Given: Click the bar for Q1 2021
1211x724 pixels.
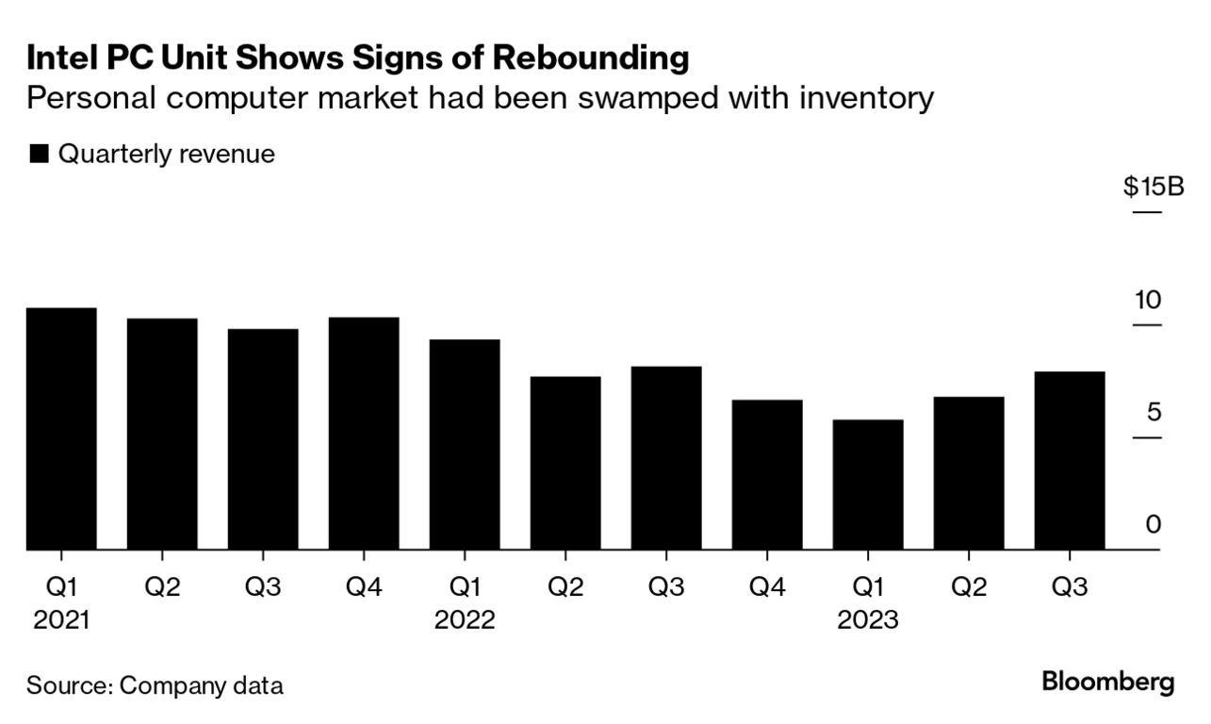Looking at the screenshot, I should (61, 429).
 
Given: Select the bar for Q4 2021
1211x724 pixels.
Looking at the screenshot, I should (364, 434).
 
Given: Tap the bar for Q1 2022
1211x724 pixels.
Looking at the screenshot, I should (465, 444).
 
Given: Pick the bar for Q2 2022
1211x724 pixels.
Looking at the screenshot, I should (565, 463).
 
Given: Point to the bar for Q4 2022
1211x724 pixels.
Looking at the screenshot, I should (767, 474).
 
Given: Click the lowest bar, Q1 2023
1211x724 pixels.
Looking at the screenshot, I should (868, 485).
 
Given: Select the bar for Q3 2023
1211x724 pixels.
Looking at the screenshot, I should (1070, 460).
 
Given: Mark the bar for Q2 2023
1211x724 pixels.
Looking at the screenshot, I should (969, 473).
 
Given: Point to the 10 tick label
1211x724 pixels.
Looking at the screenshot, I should (1148, 301).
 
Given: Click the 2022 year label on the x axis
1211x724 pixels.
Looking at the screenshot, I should (465, 620).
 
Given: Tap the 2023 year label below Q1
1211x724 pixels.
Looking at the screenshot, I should (868, 620).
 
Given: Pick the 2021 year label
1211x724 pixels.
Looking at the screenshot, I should (61, 620).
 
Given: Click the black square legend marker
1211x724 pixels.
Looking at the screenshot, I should (39, 155).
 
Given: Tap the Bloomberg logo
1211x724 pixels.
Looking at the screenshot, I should (1108, 682).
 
